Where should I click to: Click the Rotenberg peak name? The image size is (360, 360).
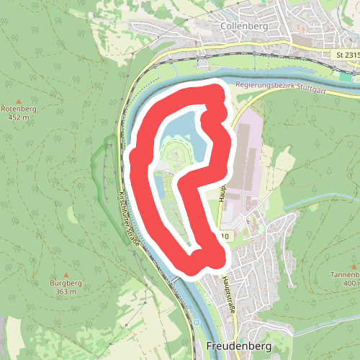[19, 109]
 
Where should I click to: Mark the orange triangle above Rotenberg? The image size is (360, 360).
[19, 100]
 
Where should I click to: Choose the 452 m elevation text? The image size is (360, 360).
[19, 118]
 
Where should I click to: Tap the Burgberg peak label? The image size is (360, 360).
[66, 283]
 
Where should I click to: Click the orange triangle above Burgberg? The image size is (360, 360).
[66, 274]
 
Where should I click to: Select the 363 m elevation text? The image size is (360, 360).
[66, 292]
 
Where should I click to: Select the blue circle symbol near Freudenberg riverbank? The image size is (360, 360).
[196, 323]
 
